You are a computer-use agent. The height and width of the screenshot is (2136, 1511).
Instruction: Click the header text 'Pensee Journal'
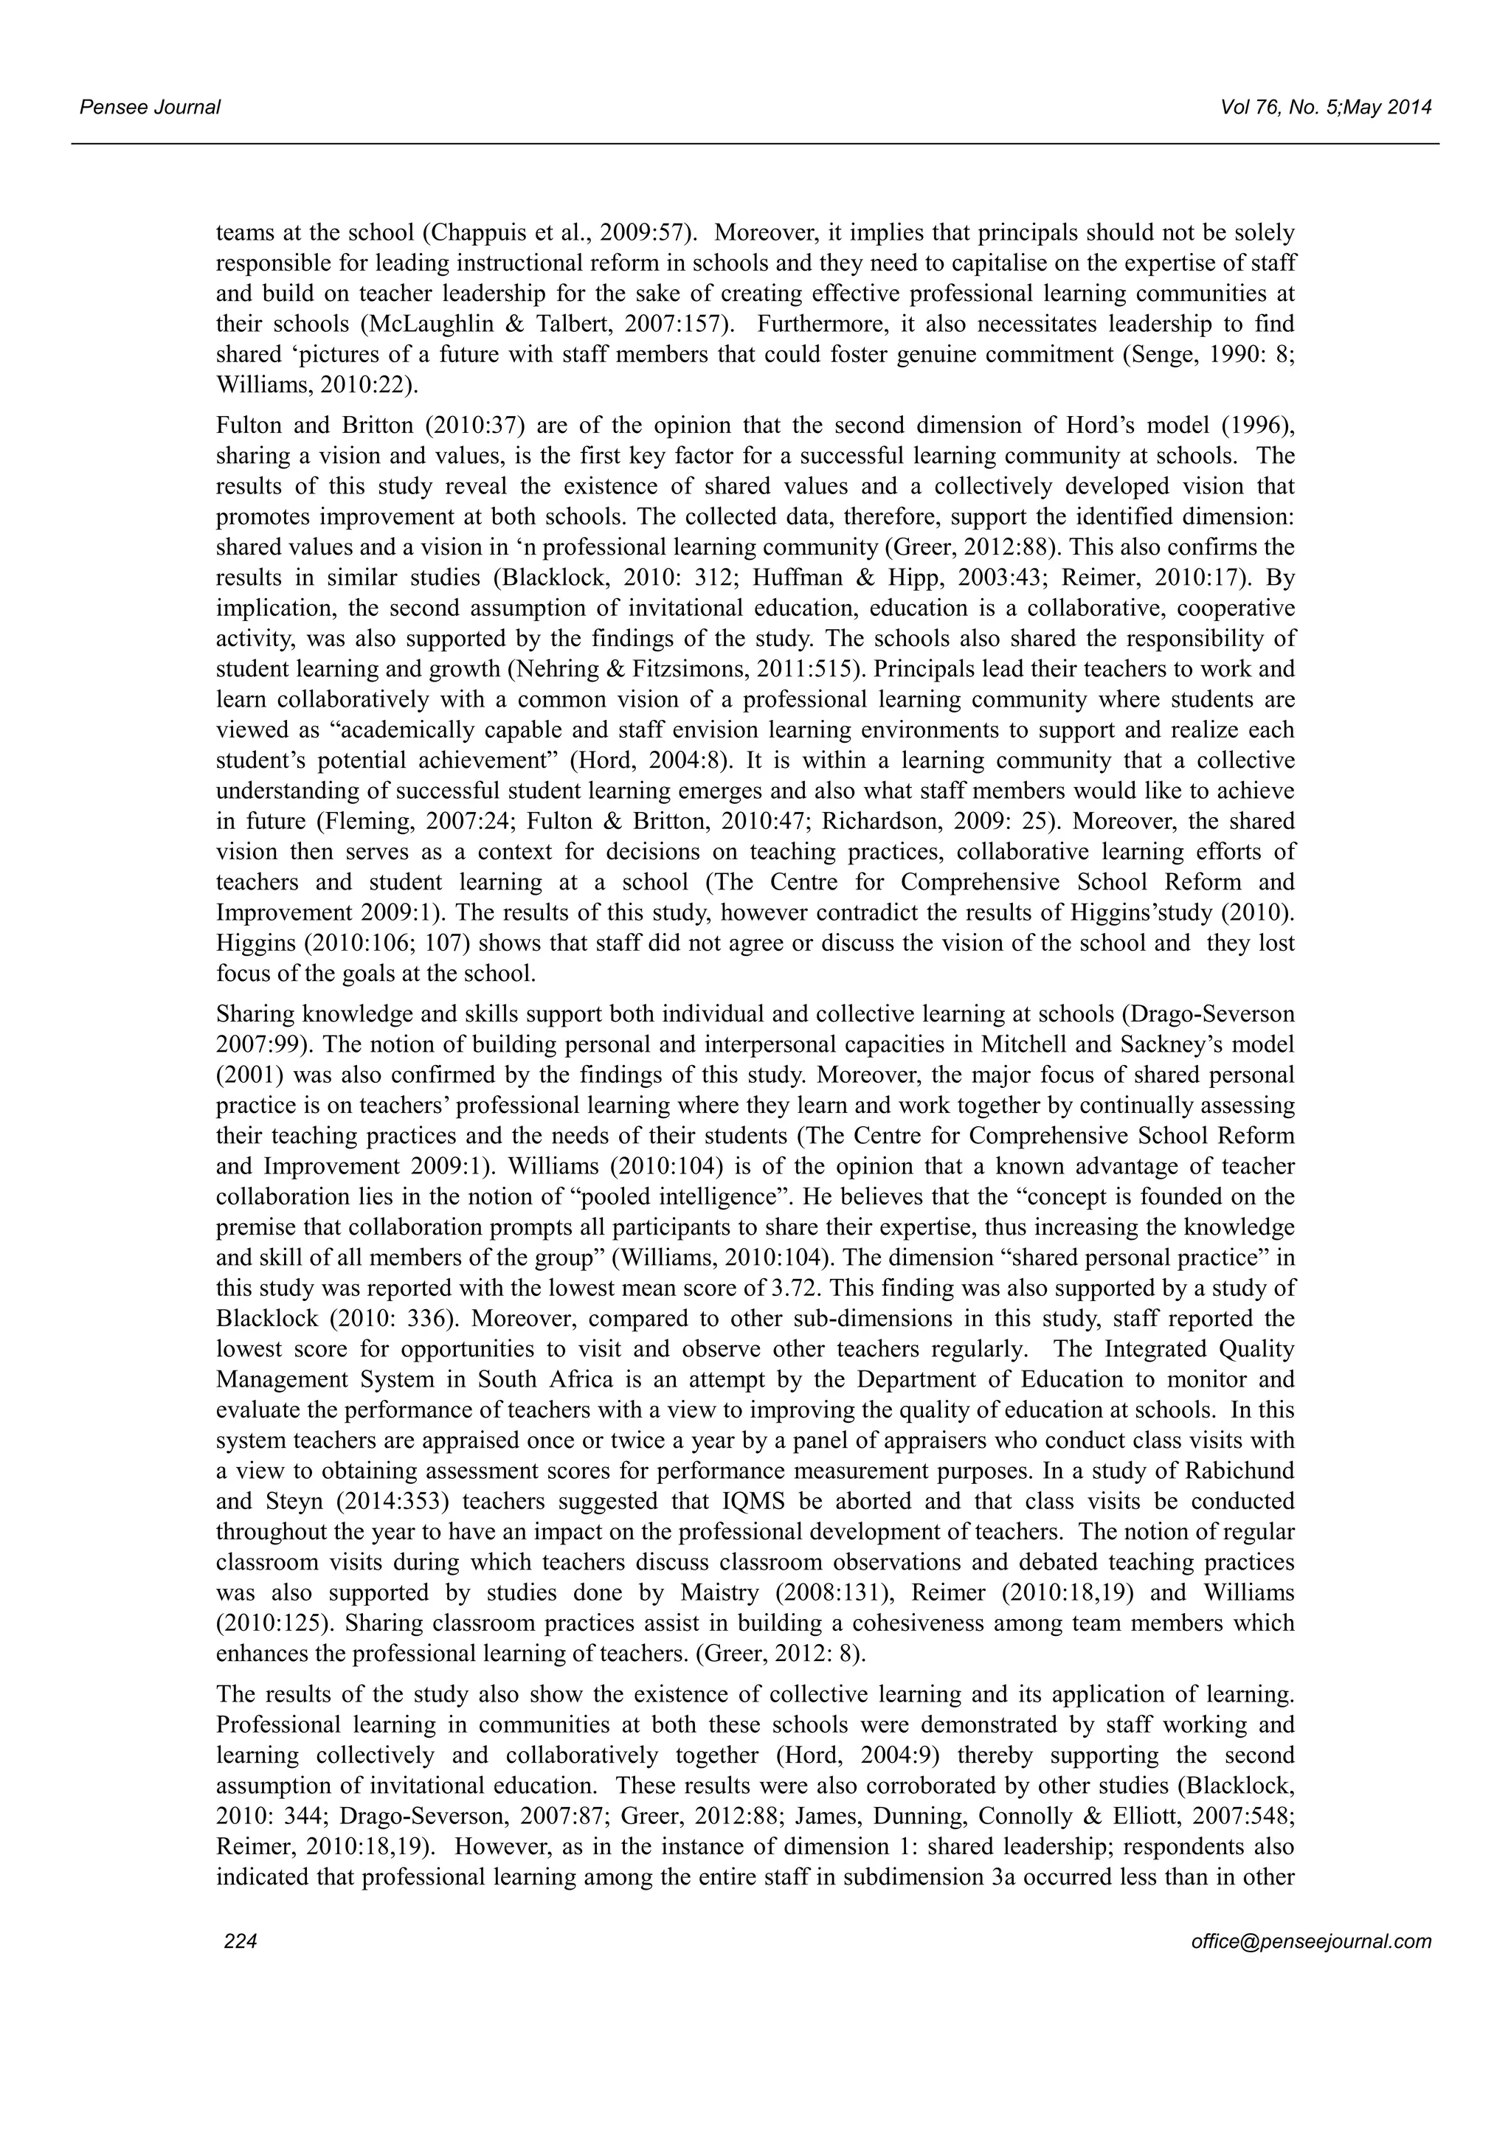150,108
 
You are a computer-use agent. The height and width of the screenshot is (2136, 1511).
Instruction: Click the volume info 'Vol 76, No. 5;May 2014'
1326,108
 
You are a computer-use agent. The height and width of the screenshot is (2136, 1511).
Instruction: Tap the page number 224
240,1941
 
